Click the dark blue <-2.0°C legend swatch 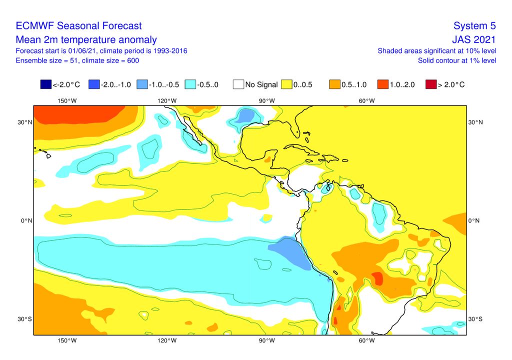[46, 84]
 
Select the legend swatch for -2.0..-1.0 [93, 84]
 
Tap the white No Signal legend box [238, 84]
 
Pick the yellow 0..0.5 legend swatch [287, 84]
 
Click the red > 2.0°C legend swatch [430, 84]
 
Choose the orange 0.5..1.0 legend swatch [334, 84]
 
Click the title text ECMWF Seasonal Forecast [78, 26]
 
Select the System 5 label [474, 26]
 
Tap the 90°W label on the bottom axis [266, 341]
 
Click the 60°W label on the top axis [366, 100]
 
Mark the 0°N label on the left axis [25, 220]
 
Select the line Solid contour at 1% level [457, 60]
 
